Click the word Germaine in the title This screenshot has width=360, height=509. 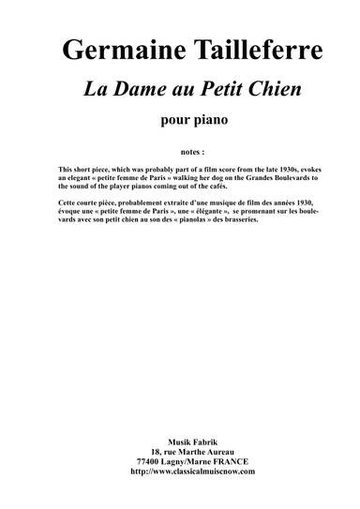(x=111, y=52)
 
